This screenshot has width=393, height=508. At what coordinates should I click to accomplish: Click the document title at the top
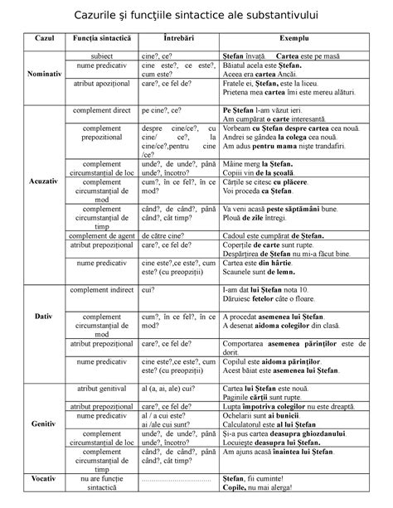tap(197, 17)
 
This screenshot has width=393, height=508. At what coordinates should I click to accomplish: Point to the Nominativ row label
tap(39, 72)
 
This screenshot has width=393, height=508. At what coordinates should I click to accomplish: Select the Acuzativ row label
tap(39, 181)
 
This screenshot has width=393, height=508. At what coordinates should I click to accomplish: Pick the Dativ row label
tap(39, 317)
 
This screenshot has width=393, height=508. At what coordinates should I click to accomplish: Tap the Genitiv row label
tap(39, 423)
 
